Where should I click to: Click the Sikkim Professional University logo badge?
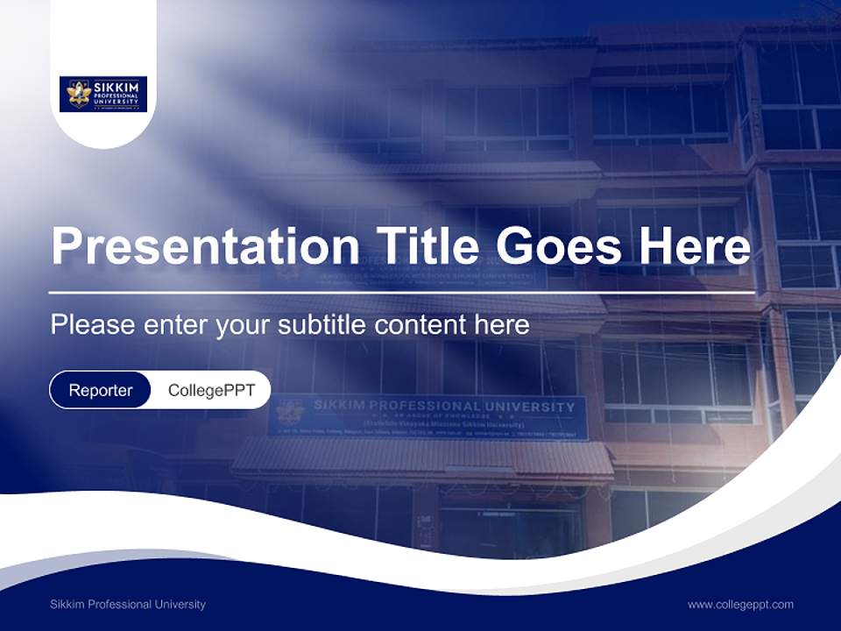pyautogui.click(x=103, y=94)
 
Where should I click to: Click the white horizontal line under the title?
pyautogui.click(x=401, y=292)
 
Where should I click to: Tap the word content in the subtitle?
pyautogui.click(x=420, y=325)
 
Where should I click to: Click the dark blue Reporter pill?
pyautogui.click(x=100, y=390)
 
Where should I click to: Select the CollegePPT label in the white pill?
pyautogui.click(x=211, y=390)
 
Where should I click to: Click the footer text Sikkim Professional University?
pyautogui.click(x=128, y=605)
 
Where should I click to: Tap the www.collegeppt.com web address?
pyautogui.click(x=740, y=605)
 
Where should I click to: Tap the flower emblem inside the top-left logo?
pyautogui.click(x=79, y=94)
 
